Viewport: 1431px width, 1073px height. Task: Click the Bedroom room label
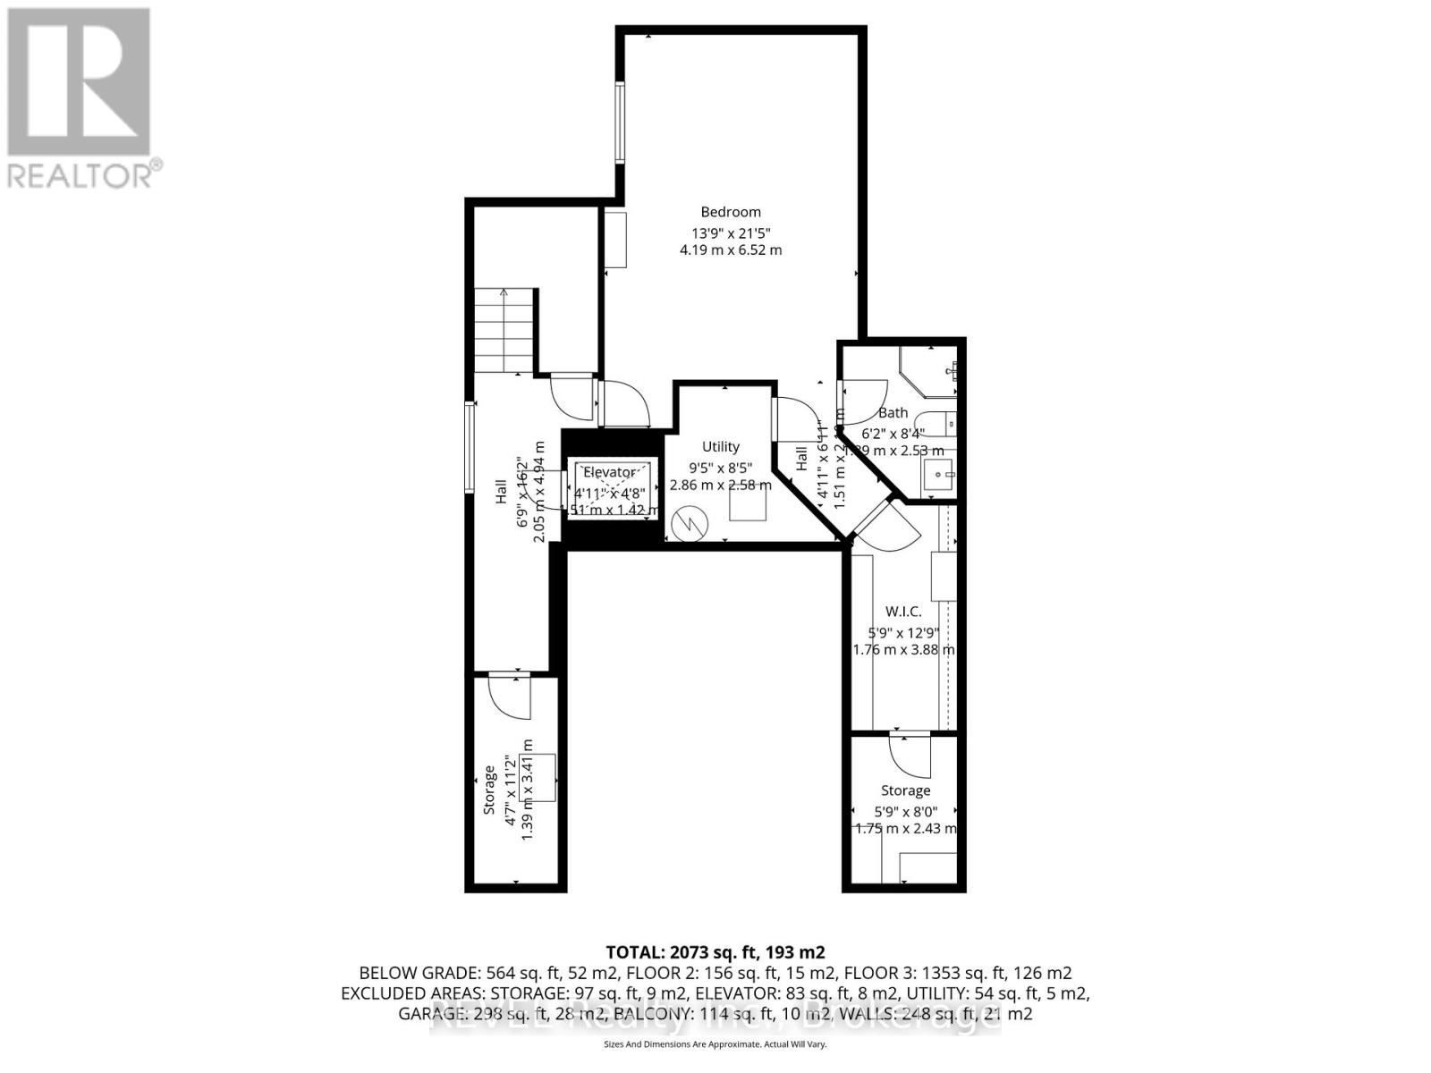(x=731, y=212)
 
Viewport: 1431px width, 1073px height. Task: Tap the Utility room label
(x=720, y=446)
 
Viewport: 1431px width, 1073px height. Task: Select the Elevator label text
(x=609, y=472)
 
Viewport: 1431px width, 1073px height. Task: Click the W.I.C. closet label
(x=902, y=612)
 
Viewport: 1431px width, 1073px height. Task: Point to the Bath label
(x=893, y=413)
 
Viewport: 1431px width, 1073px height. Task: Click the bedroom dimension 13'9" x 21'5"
(x=731, y=232)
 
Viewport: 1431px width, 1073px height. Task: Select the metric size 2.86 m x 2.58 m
(x=720, y=485)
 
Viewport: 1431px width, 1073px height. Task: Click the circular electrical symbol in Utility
(x=690, y=524)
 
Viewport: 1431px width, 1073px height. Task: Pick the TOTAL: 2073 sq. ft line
(x=715, y=951)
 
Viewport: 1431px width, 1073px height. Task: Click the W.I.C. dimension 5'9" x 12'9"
(x=902, y=631)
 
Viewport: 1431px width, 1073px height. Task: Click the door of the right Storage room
(x=910, y=756)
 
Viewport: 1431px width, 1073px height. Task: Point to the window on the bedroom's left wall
(x=619, y=123)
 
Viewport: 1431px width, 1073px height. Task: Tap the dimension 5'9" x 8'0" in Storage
(x=905, y=810)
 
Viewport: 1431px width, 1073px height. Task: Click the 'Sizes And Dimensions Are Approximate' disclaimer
(x=715, y=1043)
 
